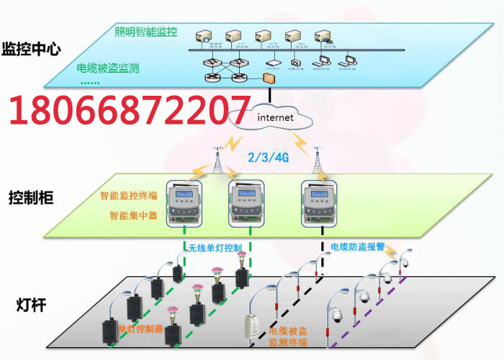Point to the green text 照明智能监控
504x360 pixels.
[146, 32]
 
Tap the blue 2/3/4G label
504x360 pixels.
[268, 158]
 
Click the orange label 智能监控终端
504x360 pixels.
[128, 195]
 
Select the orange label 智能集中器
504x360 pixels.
[133, 215]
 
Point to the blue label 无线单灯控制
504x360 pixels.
[214, 248]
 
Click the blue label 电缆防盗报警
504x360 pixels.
[357, 247]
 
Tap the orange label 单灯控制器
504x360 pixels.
[140, 329]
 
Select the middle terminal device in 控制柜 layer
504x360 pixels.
[247, 204]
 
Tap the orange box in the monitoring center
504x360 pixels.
[269, 77]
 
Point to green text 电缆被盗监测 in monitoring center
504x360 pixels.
[108, 69]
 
